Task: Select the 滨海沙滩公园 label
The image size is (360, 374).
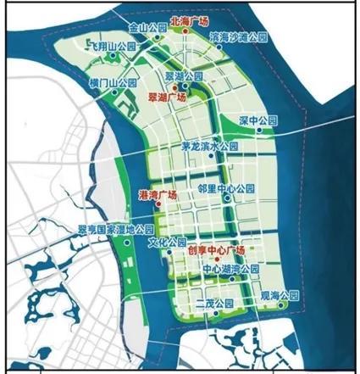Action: [x=237, y=39]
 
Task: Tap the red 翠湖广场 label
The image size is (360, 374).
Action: [x=167, y=98]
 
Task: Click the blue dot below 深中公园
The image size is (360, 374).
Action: [x=246, y=132]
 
